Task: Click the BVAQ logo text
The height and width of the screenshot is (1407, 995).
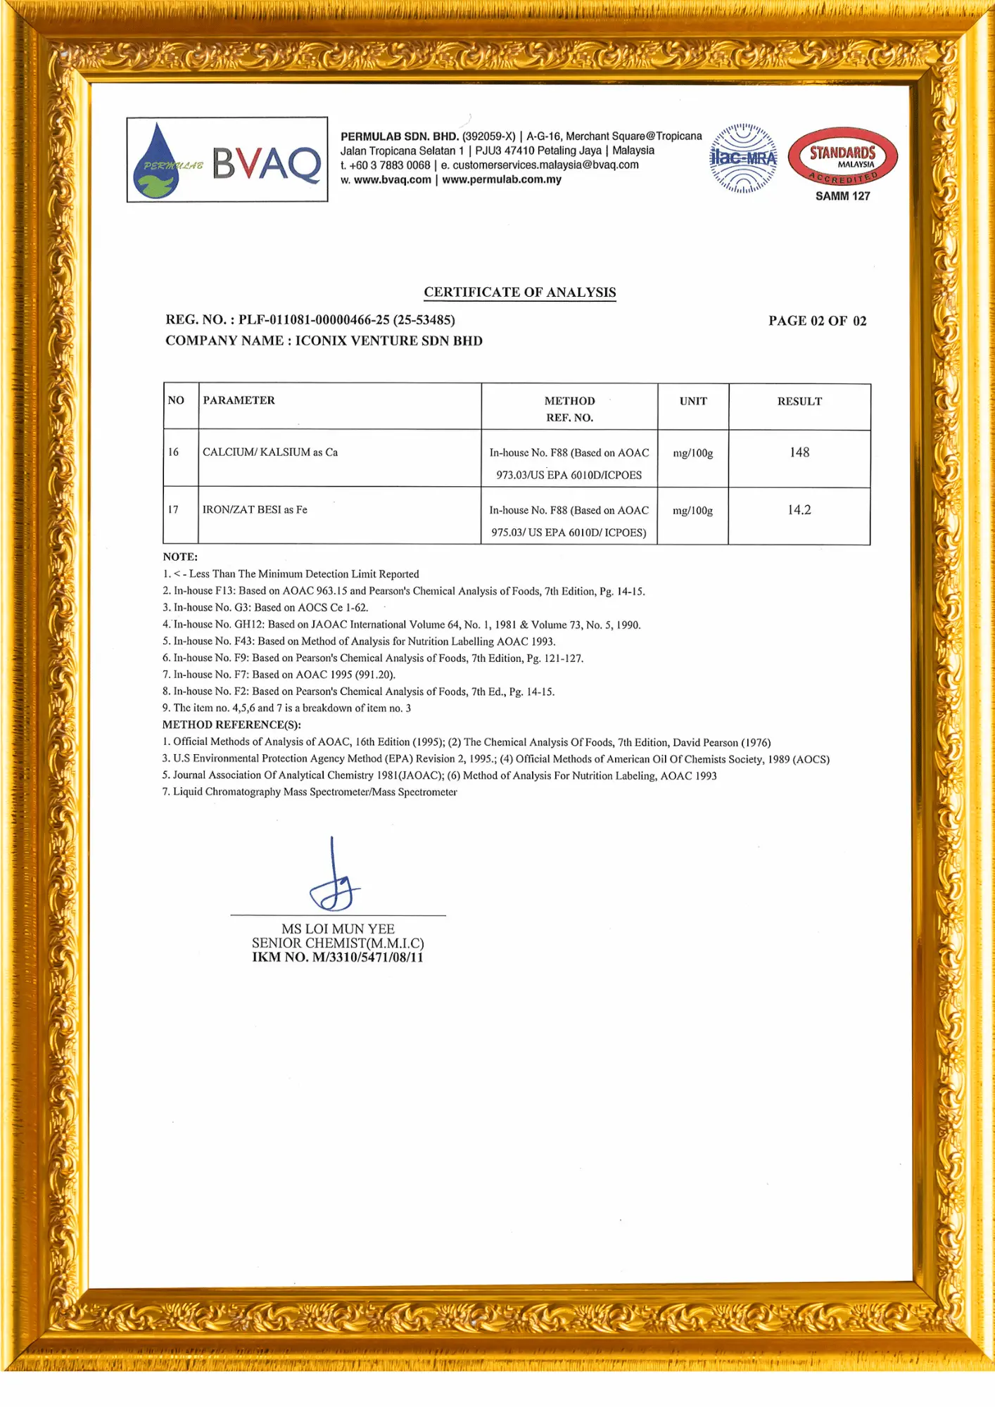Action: pyautogui.click(x=267, y=163)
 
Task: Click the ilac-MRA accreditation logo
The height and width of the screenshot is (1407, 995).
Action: pyautogui.click(x=743, y=158)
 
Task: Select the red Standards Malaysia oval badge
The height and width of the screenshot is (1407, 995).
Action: pyautogui.click(x=842, y=156)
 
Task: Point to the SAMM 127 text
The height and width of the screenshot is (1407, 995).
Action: pyautogui.click(x=842, y=196)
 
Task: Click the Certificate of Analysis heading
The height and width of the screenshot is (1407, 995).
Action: pyautogui.click(x=519, y=292)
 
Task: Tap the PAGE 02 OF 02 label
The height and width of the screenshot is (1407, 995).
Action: pyautogui.click(x=817, y=321)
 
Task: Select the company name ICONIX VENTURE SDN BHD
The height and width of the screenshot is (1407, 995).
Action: pyautogui.click(x=388, y=340)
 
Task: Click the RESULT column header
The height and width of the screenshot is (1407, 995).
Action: pyautogui.click(x=799, y=401)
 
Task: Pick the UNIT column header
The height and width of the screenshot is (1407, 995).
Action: pyautogui.click(x=693, y=401)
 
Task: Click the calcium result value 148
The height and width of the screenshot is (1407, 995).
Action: pyautogui.click(x=799, y=452)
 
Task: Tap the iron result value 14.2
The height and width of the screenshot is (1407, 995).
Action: pyautogui.click(x=799, y=510)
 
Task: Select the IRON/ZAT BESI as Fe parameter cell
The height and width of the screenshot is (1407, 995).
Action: pyautogui.click(x=255, y=509)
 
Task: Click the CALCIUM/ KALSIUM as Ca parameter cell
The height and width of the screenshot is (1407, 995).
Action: pyautogui.click(x=270, y=452)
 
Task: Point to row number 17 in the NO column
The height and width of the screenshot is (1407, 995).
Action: pyautogui.click(x=173, y=509)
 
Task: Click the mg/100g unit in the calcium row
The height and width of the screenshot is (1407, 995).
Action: pyautogui.click(x=693, y=453)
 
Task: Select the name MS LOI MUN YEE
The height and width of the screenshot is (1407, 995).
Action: pyautogui.click(x=338, y=929)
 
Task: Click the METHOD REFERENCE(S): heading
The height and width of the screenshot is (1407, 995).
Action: pyautogui.click(x=232, y=725)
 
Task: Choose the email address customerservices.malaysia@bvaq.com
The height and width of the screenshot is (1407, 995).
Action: pyautogui.click(x=545, y=165)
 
